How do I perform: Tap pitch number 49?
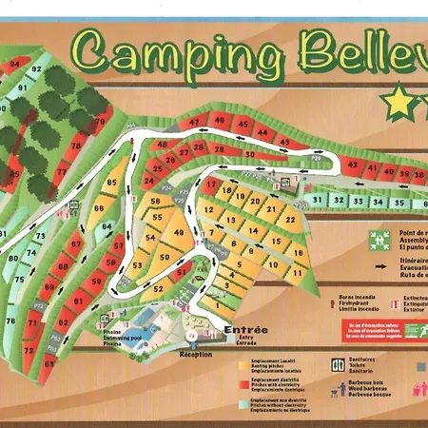(178, 234)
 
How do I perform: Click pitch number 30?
(249, 154)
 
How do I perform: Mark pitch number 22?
(289, 219)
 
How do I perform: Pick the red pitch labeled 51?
(182, 274)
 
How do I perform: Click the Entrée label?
(245, 330)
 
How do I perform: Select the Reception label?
(196, 353)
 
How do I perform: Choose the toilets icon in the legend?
(337, 365)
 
